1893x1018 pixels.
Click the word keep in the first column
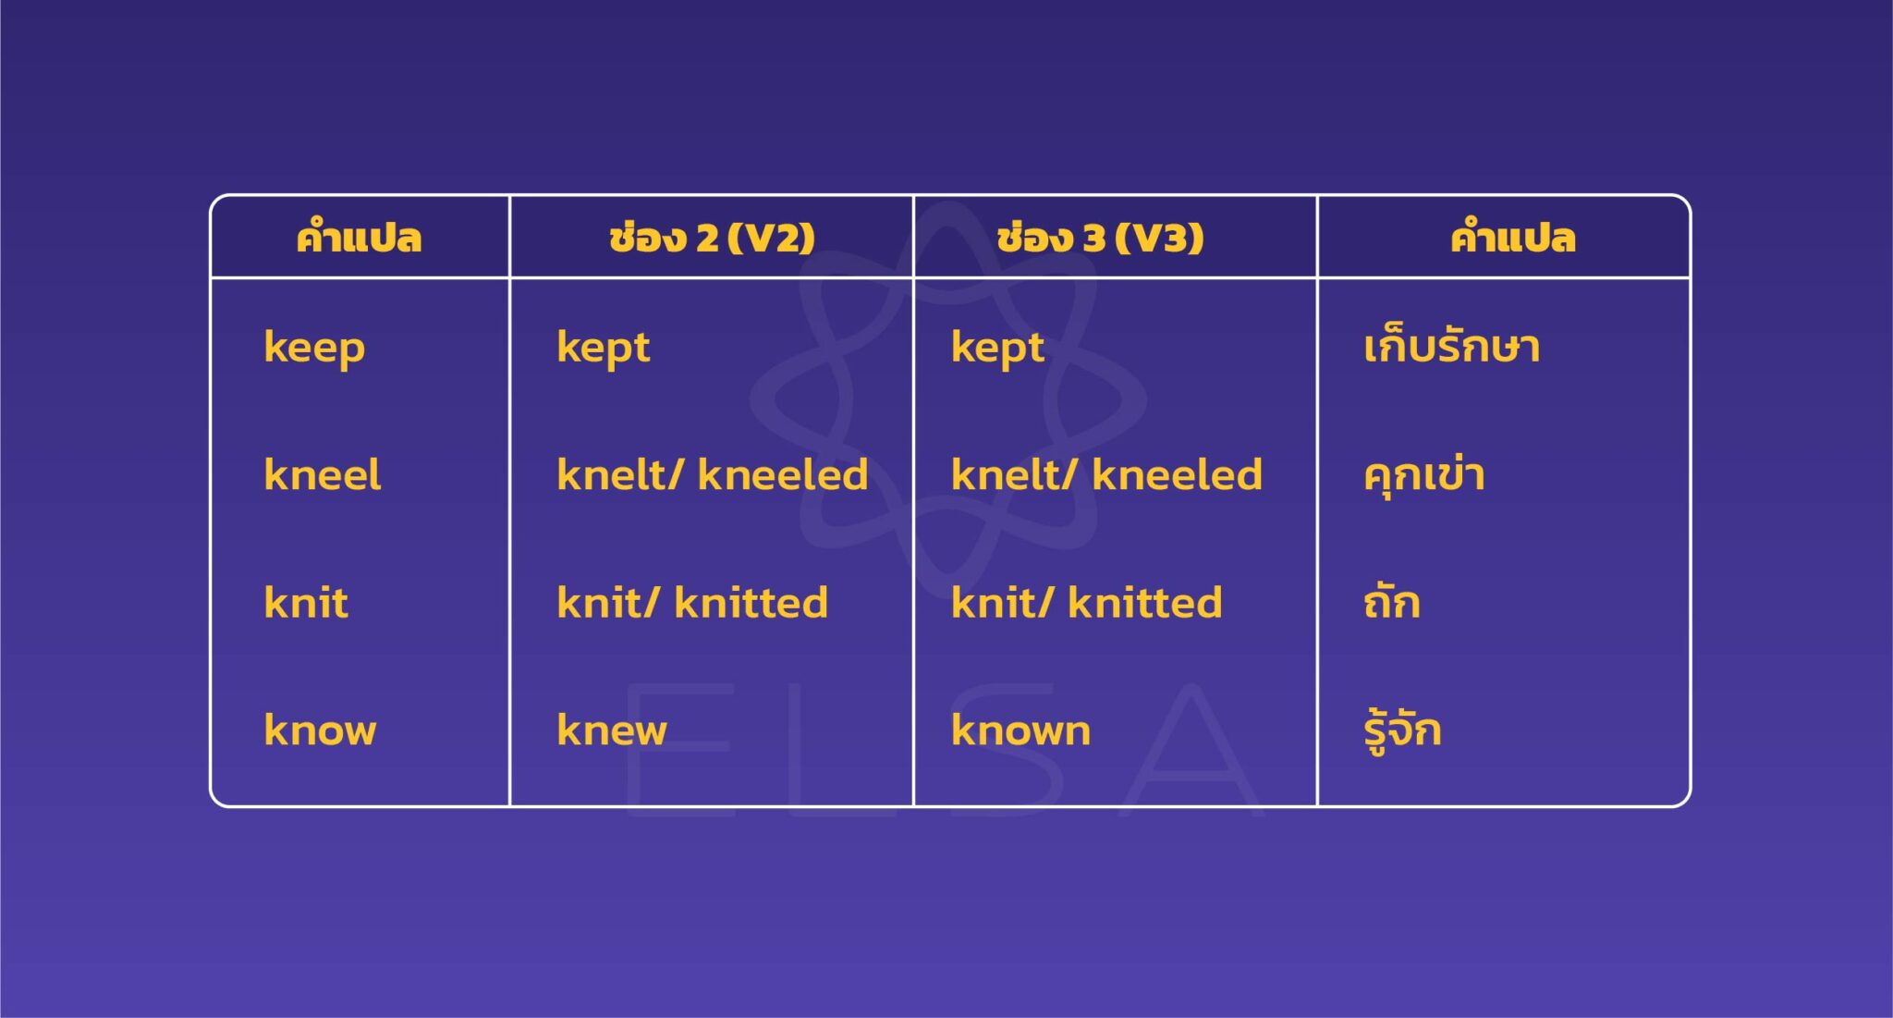(x=314, y=349)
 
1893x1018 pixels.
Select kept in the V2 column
(x=603, y=349)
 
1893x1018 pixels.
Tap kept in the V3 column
(x=997, y=349)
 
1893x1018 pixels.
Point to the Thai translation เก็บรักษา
(x=1451, y=348)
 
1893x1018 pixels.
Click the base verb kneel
(x=322, y=475)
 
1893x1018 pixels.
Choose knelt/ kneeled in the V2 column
(x=712, y=475)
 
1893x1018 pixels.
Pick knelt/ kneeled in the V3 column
(x=1106, y=475)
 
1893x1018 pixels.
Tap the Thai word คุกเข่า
(x=1423, y=475)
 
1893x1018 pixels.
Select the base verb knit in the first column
(x=306, y=603)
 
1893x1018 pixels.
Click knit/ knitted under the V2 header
(x=691, y=603)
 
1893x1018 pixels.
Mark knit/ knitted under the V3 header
(x=1086, y=603)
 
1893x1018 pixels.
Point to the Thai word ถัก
(x=1391, y=602)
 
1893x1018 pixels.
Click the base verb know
(x=320, y=730)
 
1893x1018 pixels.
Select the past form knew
(x=611, y=730)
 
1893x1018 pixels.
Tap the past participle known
(x=1020, y=730)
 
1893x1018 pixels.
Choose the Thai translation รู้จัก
(x=1402, y=730)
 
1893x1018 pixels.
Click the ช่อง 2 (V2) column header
(x=712, y=238)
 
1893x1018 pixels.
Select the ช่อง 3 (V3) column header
(x=1100, y=238)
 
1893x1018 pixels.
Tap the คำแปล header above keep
(x=359, y=238)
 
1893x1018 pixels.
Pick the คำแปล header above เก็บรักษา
(x=1512, y=238)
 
